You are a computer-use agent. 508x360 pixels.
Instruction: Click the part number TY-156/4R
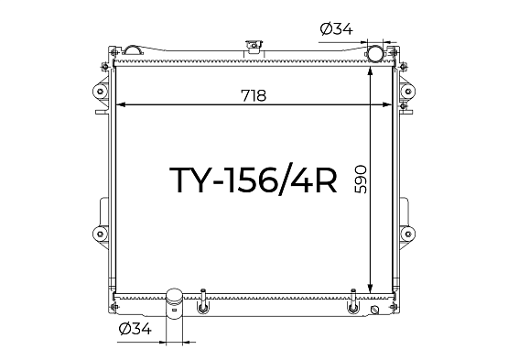(x=254, y=180)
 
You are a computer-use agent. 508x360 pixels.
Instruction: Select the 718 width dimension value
(x=254, y=95)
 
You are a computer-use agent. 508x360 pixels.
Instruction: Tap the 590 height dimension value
(x=361, y=180)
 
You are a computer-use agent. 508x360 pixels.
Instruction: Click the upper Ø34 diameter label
(x=336, y=29)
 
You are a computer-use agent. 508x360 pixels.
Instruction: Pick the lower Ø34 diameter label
(x=135, y=329)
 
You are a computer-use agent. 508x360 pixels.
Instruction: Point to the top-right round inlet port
(x=374, y=53)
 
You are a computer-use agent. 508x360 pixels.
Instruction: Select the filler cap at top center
(x=254, y=46)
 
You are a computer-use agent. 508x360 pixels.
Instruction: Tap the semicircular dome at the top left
(x=132, y=49)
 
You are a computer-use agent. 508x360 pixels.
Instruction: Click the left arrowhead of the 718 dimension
(x=120, y=104)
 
